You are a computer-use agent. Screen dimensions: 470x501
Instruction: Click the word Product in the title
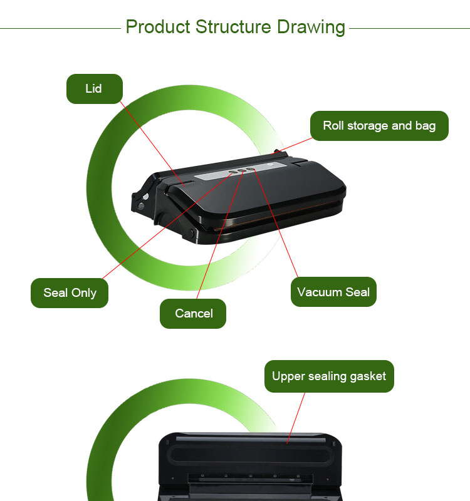[x=158, y=27]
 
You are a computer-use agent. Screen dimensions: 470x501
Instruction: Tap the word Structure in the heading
[x=233, y=27]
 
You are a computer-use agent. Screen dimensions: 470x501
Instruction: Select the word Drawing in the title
[x=311, y=28]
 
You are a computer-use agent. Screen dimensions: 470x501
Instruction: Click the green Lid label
[x=95, y=89]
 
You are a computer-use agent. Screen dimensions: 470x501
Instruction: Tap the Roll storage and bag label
[x=379, y=126]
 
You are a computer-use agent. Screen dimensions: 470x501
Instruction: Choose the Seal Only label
[x=70, y=293]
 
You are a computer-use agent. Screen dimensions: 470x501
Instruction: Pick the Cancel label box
[x=193, y=314]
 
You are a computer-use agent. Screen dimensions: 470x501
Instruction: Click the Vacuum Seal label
[x=333, y=292]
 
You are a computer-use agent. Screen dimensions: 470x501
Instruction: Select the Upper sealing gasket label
[x=329, y=376]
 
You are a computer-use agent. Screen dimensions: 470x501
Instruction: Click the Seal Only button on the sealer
[x=232, y=173]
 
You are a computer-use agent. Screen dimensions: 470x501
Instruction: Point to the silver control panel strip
[x=240, y=170]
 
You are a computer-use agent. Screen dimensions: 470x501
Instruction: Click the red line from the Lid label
[x=152, y=143]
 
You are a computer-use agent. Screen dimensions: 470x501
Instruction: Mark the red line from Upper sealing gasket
[x=296, y=418]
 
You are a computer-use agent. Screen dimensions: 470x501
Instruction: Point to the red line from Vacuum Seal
[x=276, y=223]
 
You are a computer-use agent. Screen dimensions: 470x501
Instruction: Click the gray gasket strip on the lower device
[x=251, y=440]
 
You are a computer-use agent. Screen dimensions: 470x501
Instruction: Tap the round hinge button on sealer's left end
[x=140, y=207]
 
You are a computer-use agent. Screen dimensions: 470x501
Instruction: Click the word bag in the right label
[x=426, y=126]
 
